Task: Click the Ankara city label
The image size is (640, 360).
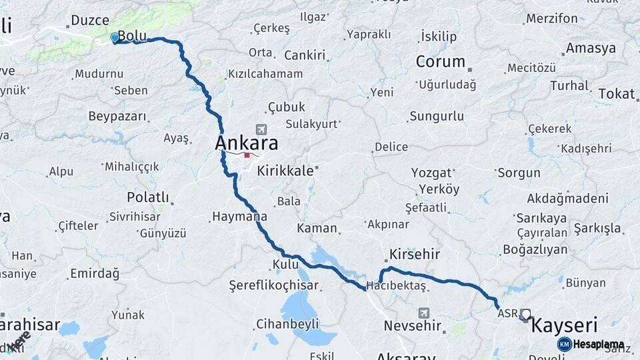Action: click(246, 143)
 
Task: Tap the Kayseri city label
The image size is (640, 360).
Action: click(563, 326)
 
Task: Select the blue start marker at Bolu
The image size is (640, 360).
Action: click(115, 38)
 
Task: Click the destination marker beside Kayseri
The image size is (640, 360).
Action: click(526, 314)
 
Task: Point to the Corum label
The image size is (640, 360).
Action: click(441, 62)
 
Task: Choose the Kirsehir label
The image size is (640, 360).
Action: click(415, 255)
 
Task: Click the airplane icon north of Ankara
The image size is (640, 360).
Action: click(260, 129)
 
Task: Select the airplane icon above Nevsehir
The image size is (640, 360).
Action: click(424, 313)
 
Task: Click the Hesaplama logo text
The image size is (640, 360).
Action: click(598, 345)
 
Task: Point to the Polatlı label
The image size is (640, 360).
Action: click(148, 197)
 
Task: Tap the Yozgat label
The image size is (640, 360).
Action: click(431, 173)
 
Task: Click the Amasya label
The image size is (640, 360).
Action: click(591, 49)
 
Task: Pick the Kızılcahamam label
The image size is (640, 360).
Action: click(265, 74)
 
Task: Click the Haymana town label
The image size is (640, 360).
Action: click(239, 216)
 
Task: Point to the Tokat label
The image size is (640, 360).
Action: click(617, 94)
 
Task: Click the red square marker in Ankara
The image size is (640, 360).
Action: click(247, 155)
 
